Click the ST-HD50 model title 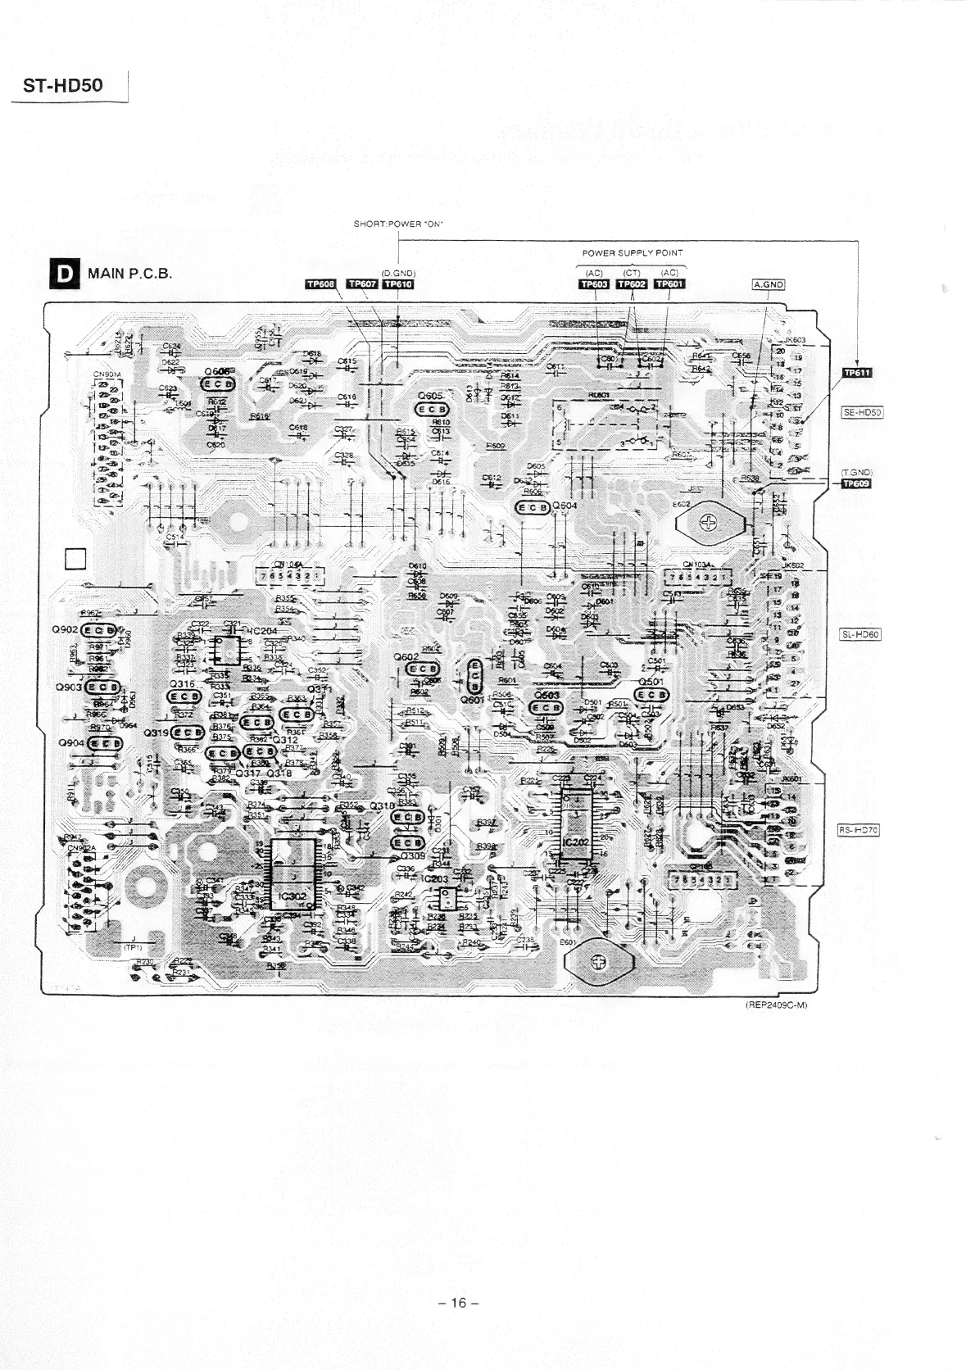click(63, 85)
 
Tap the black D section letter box click(61, 274)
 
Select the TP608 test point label click(320, 284)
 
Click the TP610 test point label click(398, 284)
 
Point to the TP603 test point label click(594, 284)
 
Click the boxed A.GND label click(769, 284)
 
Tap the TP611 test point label click(857, 373)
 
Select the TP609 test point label click(857, 483)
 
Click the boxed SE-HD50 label click(860, 412)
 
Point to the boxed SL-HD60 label click(860, 633)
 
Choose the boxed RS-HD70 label click(858, 830)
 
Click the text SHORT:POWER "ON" click(398, 224)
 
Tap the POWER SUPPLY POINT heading click(632, 252)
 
